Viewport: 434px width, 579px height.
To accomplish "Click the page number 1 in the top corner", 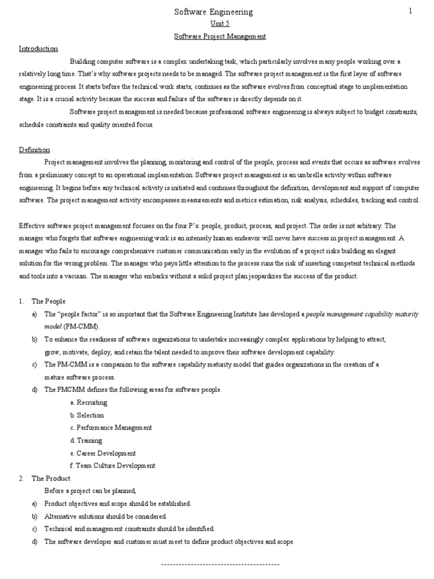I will (x=411, y=10).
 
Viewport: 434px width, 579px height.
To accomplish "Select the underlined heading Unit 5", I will (x=220, y=24).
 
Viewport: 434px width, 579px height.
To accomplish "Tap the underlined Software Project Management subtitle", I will (x=219, y=36).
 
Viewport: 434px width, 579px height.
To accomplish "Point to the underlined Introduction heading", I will (x=38, y=49).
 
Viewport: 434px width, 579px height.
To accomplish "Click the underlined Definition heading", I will (x=34, y=150).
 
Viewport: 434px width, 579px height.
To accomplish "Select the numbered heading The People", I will (x=49, y=301).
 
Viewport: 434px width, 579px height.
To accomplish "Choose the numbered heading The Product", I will (x=50, y=478).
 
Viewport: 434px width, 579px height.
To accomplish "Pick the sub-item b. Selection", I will (x=87, y=415).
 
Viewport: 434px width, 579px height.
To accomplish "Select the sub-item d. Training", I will (x=86, y=440).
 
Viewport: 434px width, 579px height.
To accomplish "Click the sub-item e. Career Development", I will (x=103, y=453).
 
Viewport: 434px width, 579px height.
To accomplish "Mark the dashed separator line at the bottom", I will (x=220, y=564).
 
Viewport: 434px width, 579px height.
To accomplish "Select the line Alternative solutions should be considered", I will (x=105, y=516).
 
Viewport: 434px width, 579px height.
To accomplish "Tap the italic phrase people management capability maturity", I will (x=362, y=314).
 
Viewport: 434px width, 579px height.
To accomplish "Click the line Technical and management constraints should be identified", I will (x=129, y=529).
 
